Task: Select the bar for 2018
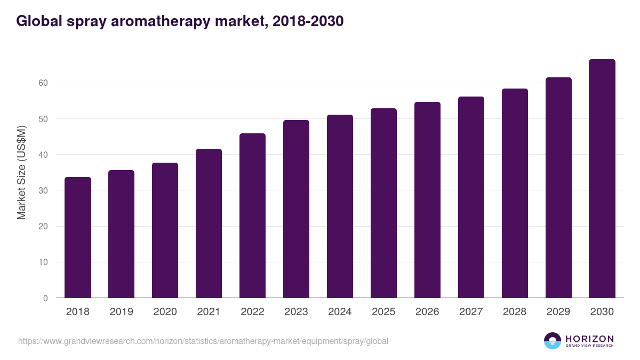click(78, 237)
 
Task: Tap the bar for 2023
click(296, 209)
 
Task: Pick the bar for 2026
click(427, 199)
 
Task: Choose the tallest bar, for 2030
click(602, 178)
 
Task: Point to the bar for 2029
click(558, 187)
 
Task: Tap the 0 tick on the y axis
click(45, 298)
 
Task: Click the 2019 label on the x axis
click(122, 312)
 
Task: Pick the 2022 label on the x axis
click(252, 312)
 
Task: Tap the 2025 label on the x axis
click(383, 312)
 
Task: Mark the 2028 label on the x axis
click(515, 312)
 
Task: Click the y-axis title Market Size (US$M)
click(22, 173)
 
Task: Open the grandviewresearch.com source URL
click(203, 341)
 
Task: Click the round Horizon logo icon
click(552, 341)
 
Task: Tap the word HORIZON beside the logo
click(589, 339)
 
